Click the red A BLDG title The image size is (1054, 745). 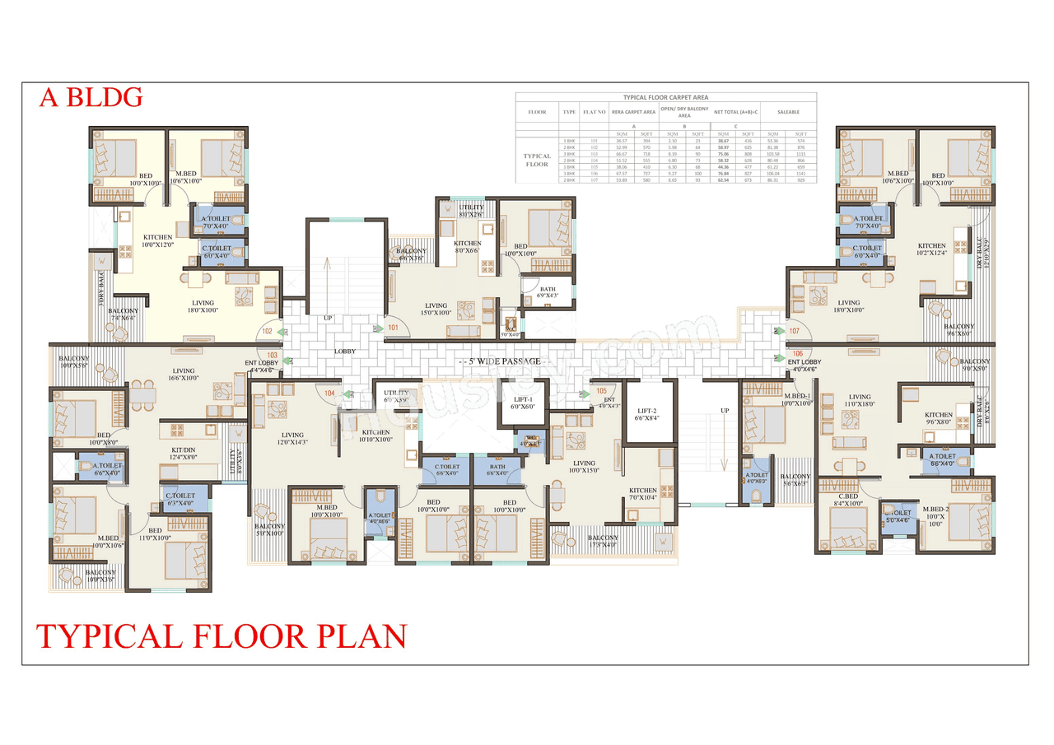[91, 97]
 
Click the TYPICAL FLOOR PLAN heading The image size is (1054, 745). [222, 636]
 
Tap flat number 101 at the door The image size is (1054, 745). [393, 328]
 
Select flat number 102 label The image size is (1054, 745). [268, 331]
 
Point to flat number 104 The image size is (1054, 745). [329, 393]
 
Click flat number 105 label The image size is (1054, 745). [601, 390]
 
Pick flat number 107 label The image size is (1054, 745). [794, 331]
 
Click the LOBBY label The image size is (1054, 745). [344, 351]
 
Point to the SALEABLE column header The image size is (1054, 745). [788, 112]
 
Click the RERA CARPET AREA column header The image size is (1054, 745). [633, 112]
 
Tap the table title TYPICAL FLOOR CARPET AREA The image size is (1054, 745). [666, 97]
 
